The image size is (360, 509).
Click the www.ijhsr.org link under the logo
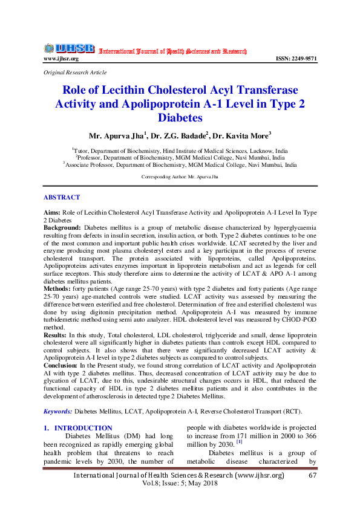click(x=61, y=59)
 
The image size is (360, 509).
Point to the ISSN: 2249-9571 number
click(x=296, y=59)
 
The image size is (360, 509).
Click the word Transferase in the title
click(x=264, y=90)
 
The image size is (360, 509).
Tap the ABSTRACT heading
click(x=62, y=197)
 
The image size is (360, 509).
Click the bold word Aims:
click(x=51, y=214)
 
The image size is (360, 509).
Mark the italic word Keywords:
click(x=57, y=411)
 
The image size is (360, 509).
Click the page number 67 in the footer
click(x=313, y=476)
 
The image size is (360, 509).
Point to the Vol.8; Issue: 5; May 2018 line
click(x=179, y=485)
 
